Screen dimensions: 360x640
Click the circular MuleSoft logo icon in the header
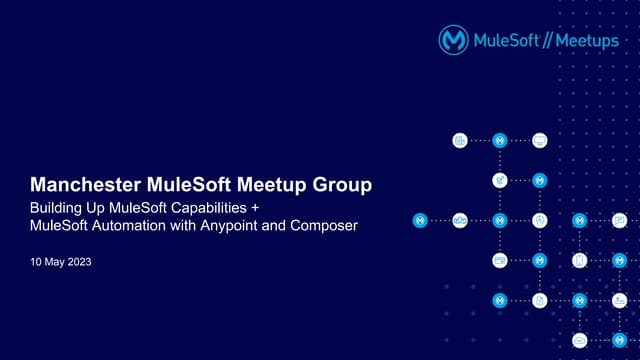pos(455,40)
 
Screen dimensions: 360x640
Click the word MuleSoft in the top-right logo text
pos(504,40)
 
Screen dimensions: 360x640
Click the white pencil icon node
pos(500,180)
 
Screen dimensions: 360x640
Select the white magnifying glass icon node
pos(540,220)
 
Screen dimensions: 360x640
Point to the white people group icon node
pos(460,220)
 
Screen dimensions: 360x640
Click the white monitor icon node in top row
pos(540,140)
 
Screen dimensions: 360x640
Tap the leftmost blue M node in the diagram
pos(420,220)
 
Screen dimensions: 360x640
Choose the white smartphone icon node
pos(580,260)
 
